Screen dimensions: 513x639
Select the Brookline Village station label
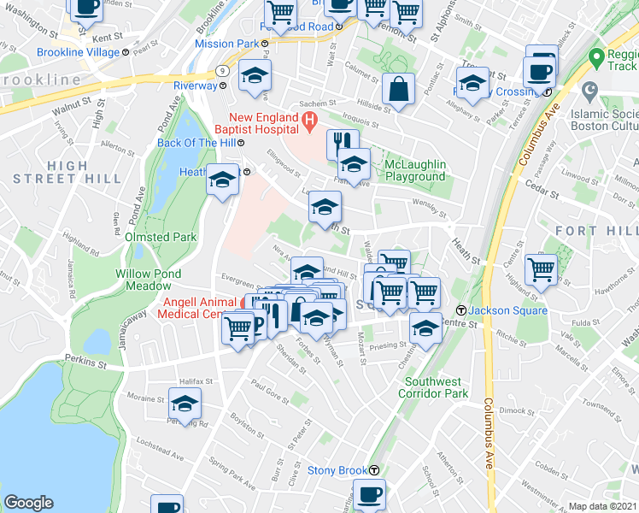tap(78, 52)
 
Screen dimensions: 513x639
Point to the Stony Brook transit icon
tap(374, 470)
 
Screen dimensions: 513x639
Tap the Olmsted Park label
tap(161, 237)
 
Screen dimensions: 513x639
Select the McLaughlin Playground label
tap(415, 170)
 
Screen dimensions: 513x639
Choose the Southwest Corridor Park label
tap(437, 387)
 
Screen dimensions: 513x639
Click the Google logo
tap(28, 503)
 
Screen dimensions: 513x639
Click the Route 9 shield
tap(220, 70)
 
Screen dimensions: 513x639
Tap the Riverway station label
tap(195, 85)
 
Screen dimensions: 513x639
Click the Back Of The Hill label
tap(194, 143)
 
